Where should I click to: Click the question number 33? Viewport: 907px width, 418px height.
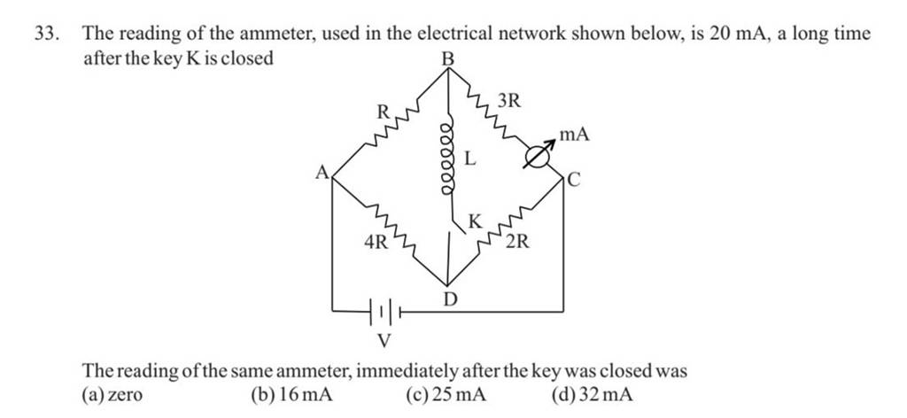pyautogui.click(x=45, y=35)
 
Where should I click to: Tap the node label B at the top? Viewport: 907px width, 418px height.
pyautogui.click(x=448, y=58)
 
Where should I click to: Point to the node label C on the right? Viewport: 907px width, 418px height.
pyautogui.click(x=573, y=181)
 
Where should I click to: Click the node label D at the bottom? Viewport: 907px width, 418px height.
pyautogui.click(x=449, y=301)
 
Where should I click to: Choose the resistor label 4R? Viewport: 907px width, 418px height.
pyautogui.click(x=376, y=241)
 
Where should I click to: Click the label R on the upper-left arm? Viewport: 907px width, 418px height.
pyautogui.click(x=383, y=112)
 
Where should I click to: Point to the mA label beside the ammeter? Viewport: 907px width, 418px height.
pyautogui.click(x=574, y=135)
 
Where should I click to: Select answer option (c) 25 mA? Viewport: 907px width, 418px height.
pyautogui.click(x=453, y=395)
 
